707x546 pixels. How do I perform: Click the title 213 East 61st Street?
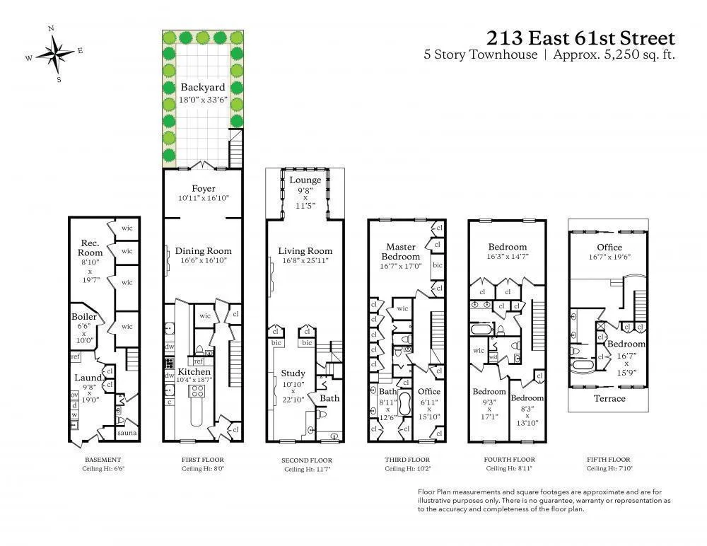click(x=580, y=37)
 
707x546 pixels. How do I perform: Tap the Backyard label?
click(x=203, y=88)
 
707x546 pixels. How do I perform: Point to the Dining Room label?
click(x=203, y=251)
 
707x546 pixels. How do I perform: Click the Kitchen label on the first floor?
click(x=194, y=372)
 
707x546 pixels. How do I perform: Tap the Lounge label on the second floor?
click(x=305, y=180)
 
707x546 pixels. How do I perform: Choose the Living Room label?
click(x=305, y=251)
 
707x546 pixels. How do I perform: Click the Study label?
click(x=293, y=373)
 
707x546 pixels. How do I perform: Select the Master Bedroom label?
click(x=401, y=251)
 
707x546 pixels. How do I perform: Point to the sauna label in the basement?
click(x=127, y=433)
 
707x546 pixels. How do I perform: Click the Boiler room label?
click(x=83, y=318)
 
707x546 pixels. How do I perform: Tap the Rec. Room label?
click(x=90, y=248)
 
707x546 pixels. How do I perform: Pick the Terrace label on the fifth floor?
click(x=609, y=398)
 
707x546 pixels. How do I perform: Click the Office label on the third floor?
click(x=428, y=391)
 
